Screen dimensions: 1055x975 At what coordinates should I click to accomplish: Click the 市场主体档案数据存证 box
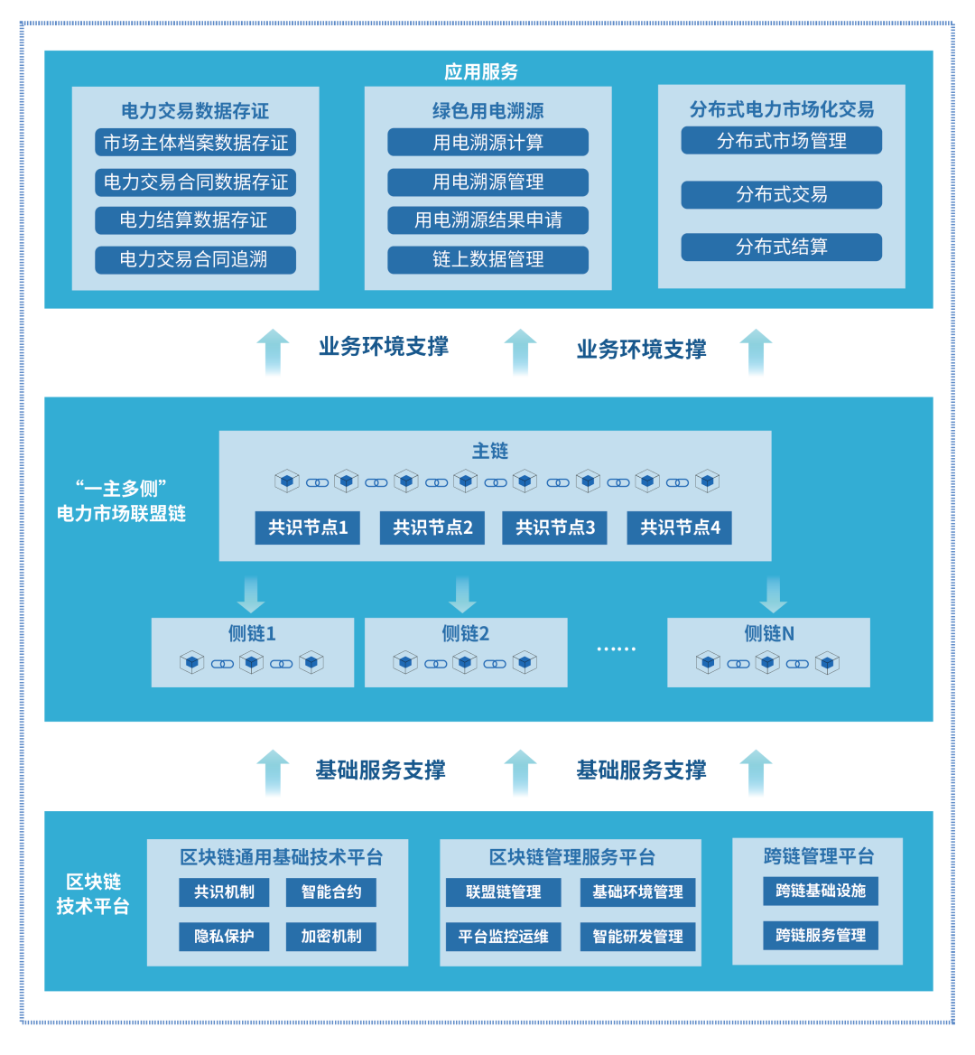[195, 143]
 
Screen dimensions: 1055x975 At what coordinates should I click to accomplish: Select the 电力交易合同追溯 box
[195, 260]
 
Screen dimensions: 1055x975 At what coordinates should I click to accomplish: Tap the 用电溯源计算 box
[487, 143]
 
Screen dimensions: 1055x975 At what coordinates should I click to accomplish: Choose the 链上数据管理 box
[487, 260]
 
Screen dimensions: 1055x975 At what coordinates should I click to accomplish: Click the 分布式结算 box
[781, 247]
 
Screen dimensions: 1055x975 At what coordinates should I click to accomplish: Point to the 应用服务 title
[481, 71]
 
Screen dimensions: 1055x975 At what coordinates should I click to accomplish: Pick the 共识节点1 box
[307, 528]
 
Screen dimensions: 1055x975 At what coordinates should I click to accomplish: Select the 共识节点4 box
[679, 528]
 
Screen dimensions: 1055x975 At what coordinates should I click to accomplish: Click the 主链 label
[490, 452]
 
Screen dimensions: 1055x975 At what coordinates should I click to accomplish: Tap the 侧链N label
[769, 634]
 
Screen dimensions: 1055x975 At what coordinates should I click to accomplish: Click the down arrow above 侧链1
[251, 593]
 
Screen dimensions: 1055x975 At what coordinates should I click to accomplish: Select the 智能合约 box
[331, 892]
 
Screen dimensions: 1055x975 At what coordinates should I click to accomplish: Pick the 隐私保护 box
[224, 937]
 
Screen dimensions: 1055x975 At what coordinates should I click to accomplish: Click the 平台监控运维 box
[503, 937]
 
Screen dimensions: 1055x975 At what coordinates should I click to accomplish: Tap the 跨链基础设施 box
[820, 892]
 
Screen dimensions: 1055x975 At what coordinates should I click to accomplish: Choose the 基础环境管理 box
[637, 892]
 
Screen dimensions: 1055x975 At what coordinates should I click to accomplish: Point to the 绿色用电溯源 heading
[487, 111]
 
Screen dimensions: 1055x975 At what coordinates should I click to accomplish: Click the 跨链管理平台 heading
[818, 856]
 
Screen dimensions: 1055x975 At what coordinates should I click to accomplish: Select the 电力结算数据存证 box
[195, 220]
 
